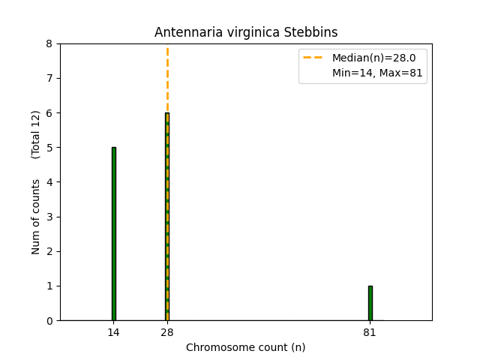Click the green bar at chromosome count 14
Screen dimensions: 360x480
click(113, 234)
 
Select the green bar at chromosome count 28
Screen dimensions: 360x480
click(167, 217)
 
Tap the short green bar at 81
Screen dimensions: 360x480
click(370, 303)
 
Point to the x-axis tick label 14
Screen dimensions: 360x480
click(113, 332)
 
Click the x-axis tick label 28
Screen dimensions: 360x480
click(167, 332)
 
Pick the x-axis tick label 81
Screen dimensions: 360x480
click(370, 332)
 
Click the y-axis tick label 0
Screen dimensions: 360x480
click(49, 321)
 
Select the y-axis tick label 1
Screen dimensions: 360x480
click(49, 286)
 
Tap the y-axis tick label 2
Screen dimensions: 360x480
click(49, 251)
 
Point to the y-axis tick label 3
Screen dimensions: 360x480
click(49, 217)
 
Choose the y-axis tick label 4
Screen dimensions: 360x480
click(49, 182)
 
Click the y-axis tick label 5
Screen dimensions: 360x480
click(49, 148)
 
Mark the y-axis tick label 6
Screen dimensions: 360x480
click(49, 113)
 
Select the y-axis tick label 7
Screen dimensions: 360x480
click(49, 79)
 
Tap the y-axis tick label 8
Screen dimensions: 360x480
click(49, 44)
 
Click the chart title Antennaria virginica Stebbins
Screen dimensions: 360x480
click(246, 32)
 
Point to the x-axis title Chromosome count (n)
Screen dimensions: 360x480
click(246, 347)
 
